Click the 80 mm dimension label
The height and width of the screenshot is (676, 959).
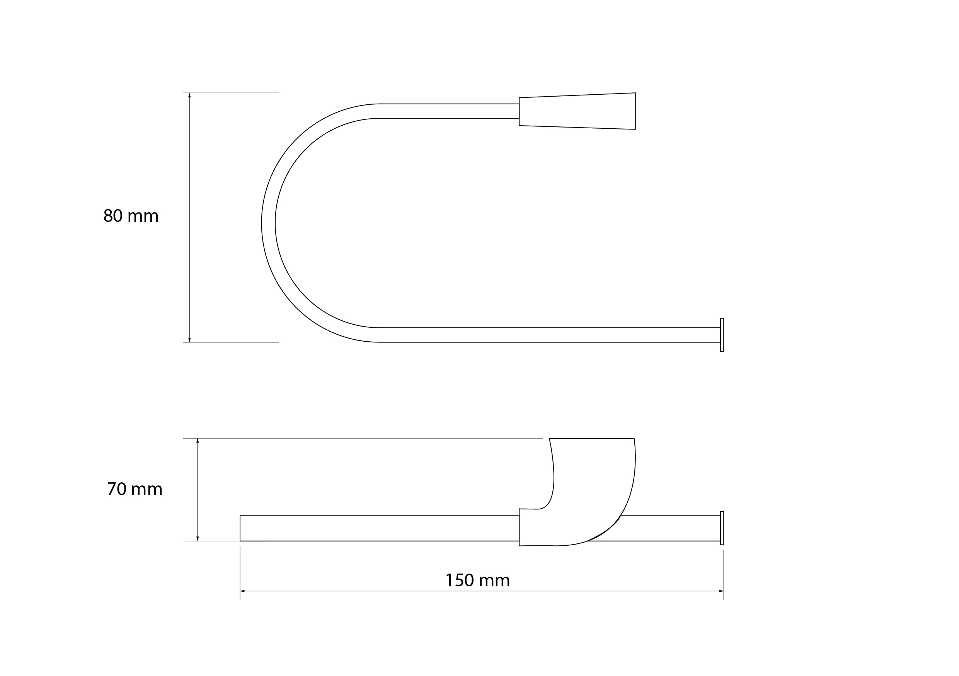pos(131,216)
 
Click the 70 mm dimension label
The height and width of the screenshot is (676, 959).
pos(135,489)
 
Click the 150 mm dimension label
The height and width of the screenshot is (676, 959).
pos(477,581)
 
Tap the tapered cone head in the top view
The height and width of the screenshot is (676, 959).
pos(577,111)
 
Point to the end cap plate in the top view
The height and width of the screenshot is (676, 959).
pos(722,335)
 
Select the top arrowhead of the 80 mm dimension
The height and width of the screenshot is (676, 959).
pos(190,95)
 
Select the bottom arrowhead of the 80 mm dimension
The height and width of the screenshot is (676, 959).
pos(190,339)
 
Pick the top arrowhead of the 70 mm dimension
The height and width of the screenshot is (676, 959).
pos(198,441)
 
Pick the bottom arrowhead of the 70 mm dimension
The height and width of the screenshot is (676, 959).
pos(198,538)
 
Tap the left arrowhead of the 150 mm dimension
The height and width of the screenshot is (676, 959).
pos(243,591)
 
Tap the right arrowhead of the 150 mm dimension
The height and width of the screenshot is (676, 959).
pos(721,591)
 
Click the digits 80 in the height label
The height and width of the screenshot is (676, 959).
pos(113,216)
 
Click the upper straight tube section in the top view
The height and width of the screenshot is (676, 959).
pos(449,111)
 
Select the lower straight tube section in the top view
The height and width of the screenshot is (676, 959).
pos(543,335)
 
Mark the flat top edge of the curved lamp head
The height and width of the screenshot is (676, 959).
pos(591,438)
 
